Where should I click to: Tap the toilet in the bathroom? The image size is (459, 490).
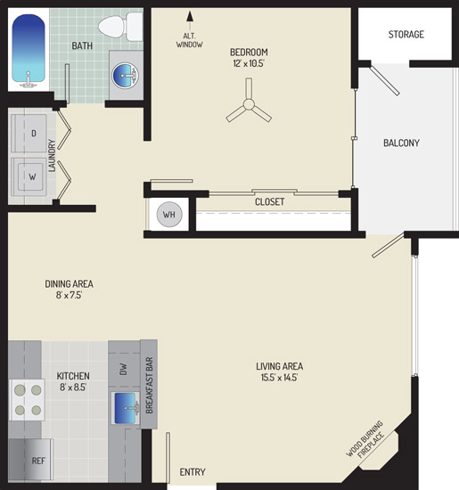120,26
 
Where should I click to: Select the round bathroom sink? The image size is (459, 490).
125,75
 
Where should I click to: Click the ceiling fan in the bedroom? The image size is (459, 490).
249,102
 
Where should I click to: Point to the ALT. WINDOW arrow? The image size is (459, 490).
190,21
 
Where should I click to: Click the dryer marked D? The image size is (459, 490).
29,133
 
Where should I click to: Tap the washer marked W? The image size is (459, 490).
29,177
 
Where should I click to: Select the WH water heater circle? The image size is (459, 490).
169,215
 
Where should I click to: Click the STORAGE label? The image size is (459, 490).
406,35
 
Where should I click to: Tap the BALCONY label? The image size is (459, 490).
401,143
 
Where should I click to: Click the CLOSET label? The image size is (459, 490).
269,202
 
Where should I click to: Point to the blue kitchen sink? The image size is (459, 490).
126,408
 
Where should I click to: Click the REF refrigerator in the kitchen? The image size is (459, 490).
30,460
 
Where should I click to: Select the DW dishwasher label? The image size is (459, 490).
123,369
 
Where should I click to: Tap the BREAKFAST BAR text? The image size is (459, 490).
149,385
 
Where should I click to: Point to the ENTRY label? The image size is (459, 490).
193,472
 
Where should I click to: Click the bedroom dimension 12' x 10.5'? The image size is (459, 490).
249,63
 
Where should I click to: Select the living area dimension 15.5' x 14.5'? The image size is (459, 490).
279,378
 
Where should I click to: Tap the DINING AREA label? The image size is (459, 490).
70,283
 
